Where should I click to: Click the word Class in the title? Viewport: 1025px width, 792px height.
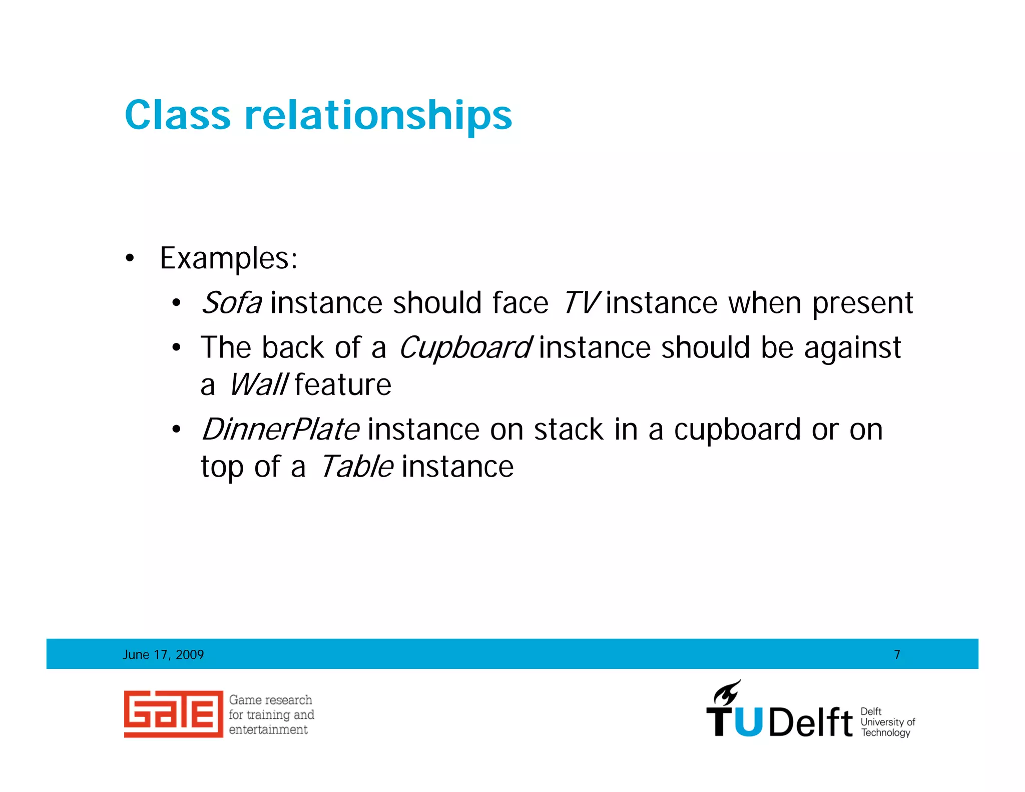(178, 115)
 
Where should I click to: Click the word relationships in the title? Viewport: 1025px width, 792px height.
(378, 116)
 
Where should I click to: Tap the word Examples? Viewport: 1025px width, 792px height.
(228, 259)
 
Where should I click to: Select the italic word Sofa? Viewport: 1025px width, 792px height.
(231, 303)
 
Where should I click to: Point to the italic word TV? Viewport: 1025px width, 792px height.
(580, 303)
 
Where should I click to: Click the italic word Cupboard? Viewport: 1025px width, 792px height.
(464, 347)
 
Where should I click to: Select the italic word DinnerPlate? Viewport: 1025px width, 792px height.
(280, 430)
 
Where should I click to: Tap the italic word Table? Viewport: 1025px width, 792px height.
(356, 467)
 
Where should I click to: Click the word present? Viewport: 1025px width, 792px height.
(862, 304)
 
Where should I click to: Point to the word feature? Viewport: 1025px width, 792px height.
(343, 385)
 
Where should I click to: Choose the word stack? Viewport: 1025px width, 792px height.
(569, 430)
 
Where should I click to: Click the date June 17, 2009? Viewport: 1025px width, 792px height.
(163, 654)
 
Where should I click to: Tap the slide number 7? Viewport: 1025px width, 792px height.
(897, 654)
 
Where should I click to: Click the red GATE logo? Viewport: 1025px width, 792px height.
(173, 714)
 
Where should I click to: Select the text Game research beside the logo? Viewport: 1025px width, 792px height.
(270, 700)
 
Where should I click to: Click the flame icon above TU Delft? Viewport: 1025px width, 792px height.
(727, 693)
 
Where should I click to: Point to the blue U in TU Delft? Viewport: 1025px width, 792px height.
(749, 722)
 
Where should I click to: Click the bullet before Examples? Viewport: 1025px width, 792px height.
(130, 259)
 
